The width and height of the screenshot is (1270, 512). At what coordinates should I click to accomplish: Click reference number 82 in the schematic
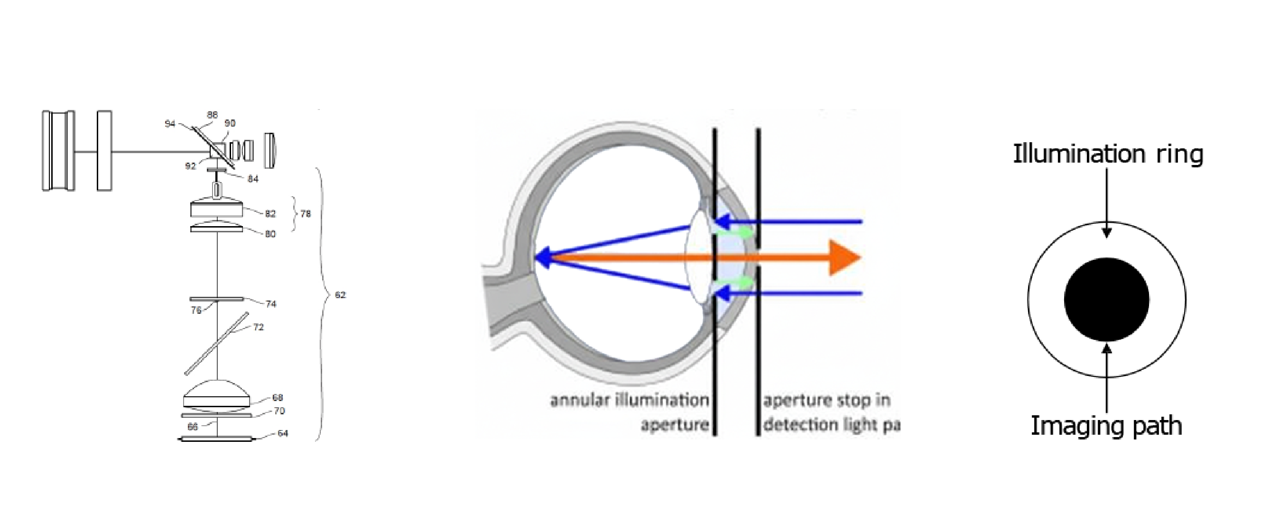point(269,214)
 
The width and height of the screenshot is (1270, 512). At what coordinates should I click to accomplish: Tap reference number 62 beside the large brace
point(340,295)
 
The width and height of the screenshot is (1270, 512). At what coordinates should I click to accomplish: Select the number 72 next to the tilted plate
point(259,327)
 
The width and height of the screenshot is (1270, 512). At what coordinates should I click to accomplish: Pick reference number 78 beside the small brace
point(306,214)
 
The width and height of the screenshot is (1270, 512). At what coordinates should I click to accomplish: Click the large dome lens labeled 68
point(217,394)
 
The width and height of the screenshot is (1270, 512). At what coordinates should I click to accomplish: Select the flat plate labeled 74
point(217,299)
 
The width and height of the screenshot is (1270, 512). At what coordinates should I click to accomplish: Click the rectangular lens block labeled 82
point(217,210)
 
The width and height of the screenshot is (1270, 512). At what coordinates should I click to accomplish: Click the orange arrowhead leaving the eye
point(844,257)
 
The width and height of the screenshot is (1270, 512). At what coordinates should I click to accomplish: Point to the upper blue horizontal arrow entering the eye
point(799,222)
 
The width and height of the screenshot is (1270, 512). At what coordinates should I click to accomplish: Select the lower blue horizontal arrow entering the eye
point(799,294)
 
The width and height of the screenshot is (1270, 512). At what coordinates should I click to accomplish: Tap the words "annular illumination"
point(629,400)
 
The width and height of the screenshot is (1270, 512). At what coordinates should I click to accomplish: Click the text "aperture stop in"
point(827,400)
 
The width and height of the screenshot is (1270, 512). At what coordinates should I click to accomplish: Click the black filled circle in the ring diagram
point(1107,299)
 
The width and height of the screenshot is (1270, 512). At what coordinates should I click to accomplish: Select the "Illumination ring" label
point(1108,154)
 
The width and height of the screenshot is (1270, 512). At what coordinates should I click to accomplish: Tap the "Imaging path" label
point(1106,426)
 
